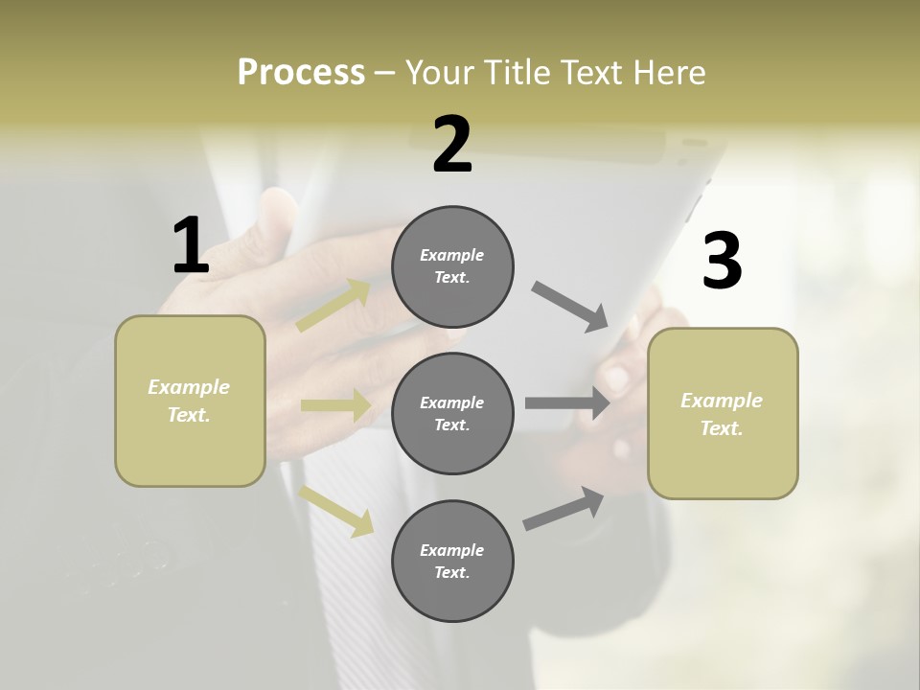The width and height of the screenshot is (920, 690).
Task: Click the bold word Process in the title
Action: click(301, 73)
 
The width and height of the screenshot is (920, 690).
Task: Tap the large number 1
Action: click(191, 245)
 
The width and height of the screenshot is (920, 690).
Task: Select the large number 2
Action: click(452, 145)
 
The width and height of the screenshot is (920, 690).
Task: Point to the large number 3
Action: click(722, 261)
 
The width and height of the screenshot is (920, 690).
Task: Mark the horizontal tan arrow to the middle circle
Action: click(335, 405)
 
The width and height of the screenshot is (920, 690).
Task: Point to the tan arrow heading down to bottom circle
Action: click(335, 510)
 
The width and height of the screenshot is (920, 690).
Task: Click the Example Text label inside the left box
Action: click(190, 401)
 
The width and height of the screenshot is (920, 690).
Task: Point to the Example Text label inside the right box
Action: click(723, 414)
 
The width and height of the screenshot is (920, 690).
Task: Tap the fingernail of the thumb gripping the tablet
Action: click(615, 378)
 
